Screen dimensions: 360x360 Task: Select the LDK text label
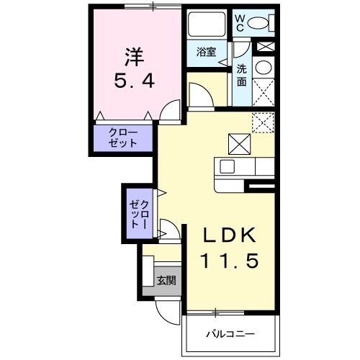coord(228,235)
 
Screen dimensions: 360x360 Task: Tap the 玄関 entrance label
coord(166,281)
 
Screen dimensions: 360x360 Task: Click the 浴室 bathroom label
coord(207,53)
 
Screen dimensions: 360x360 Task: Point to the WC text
coord(241,22)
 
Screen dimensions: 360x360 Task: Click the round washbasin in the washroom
coord(264,69)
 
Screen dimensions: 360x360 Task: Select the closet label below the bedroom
coord(122,138)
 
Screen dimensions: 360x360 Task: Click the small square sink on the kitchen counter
coord(227,167)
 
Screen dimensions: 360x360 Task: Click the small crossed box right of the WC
coord(266,47)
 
